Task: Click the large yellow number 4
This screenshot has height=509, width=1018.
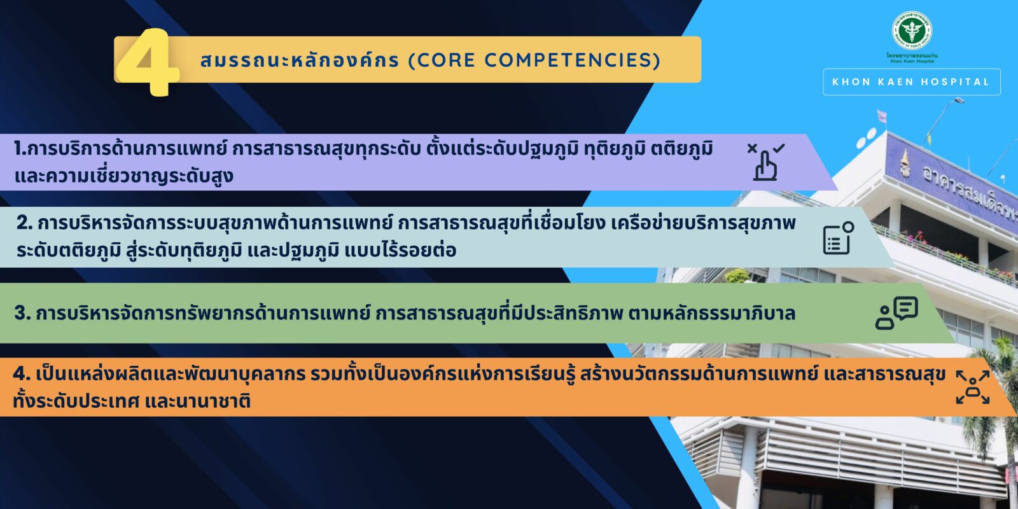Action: pos(148,62)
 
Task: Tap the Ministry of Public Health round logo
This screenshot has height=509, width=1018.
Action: pos(912,31)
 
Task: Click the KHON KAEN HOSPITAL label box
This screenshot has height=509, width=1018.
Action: pos(912,82)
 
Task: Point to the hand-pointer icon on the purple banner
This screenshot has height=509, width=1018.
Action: pos(766,162)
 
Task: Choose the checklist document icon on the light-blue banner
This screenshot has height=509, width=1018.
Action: pos(839,238)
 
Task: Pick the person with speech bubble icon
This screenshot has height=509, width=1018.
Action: pos(896,312)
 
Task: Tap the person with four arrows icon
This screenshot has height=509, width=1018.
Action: pos(973,387)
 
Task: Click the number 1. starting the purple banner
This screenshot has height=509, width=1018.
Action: pos(20,149)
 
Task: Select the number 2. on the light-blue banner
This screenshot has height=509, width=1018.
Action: pos(25,223)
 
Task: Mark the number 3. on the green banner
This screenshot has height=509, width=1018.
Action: pos(22,313)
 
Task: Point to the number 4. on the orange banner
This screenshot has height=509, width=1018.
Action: pos(22,373)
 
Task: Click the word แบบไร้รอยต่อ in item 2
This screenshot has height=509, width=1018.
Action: pos(400,250)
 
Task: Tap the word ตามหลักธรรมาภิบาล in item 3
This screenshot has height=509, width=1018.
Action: pos(712,313)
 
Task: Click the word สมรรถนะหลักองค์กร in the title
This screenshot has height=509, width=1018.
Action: pos(300,60)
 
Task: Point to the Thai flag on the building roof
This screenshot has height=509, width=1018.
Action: pos(882,115)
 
